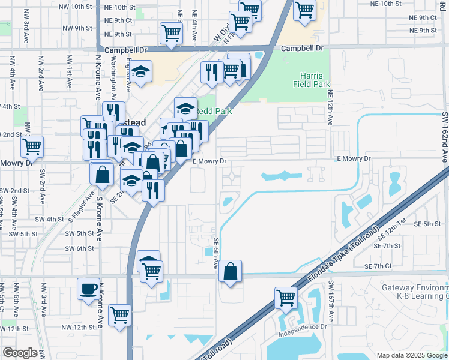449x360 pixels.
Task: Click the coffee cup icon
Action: click(89, 289)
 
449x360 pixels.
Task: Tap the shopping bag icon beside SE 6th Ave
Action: click(231, 271)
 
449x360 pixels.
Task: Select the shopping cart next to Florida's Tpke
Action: click(286, 297)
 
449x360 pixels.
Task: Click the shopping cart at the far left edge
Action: click(32, 145)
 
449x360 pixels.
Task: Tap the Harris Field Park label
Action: click(312, 80)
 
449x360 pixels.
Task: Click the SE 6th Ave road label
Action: click(216, 252)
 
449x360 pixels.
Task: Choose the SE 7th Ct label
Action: click(378, 266)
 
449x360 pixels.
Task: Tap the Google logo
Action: click(20, 353)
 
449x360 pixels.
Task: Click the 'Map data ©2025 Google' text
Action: click(411, 355)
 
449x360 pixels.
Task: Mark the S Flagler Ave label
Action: click(83, 207)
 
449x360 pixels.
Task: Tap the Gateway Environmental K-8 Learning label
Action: click(415, 292)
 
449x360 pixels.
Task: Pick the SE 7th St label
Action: click(387, 246)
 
